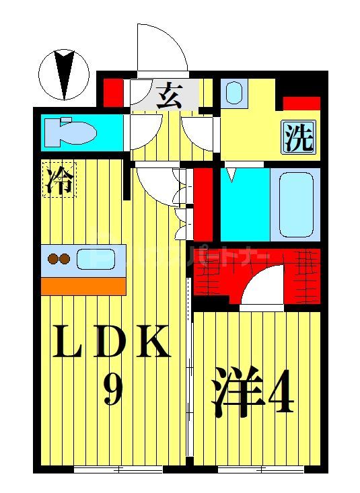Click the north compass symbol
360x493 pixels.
coord(65,74)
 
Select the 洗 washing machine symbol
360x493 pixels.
coord(297,138)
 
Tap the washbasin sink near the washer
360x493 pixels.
coord(233,93)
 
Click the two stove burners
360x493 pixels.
coord(58,258)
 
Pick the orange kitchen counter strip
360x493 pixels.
coord(83,286)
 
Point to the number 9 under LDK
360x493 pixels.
coord(112,389)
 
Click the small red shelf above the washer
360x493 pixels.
coord(301,104)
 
